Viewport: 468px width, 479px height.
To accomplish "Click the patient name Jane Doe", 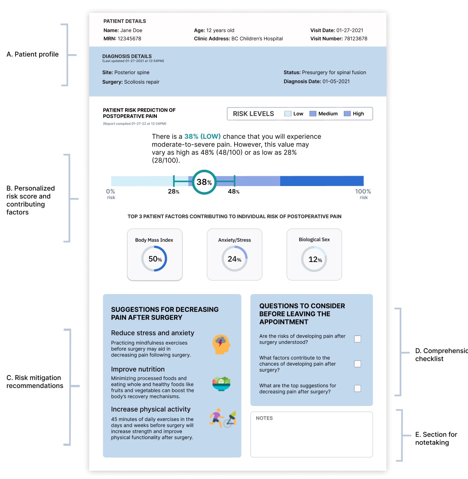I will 131,31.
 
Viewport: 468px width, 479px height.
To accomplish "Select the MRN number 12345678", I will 129,39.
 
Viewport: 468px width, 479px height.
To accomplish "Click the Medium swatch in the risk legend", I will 313,114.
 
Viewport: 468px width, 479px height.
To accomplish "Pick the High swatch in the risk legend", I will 347,114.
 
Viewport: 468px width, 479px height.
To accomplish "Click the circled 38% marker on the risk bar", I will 204,182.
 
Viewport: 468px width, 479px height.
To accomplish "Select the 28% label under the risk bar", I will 174,192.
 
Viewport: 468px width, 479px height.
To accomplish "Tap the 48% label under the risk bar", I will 234,192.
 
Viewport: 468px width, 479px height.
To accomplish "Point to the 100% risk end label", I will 363,192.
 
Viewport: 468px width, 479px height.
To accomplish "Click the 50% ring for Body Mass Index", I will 154,259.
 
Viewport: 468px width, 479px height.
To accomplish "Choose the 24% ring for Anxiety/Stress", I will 234,259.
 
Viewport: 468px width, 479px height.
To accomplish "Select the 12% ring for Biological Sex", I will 314,259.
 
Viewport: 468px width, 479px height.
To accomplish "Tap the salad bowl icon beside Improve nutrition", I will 221,383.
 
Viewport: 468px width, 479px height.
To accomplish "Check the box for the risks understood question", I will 358,339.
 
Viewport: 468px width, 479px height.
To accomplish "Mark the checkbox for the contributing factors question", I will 358,364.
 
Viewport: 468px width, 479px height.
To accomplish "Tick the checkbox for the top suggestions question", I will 358,388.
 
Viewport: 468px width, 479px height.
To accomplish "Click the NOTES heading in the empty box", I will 264,418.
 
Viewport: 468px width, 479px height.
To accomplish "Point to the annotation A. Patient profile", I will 32,55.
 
